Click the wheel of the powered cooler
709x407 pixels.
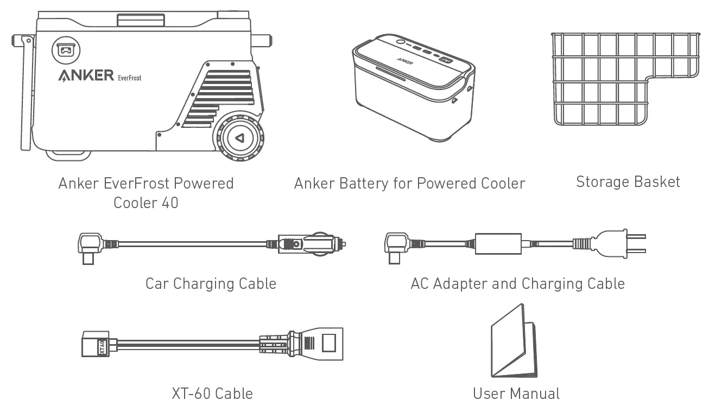point(239,138)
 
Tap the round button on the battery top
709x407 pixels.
point(400,42)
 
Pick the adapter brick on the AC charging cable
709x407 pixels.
point(498,243)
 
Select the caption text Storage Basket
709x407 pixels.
point(628,182)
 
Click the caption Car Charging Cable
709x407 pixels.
point(211,283)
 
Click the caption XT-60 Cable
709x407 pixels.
point(212,393)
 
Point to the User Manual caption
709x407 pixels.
point(516,393)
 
